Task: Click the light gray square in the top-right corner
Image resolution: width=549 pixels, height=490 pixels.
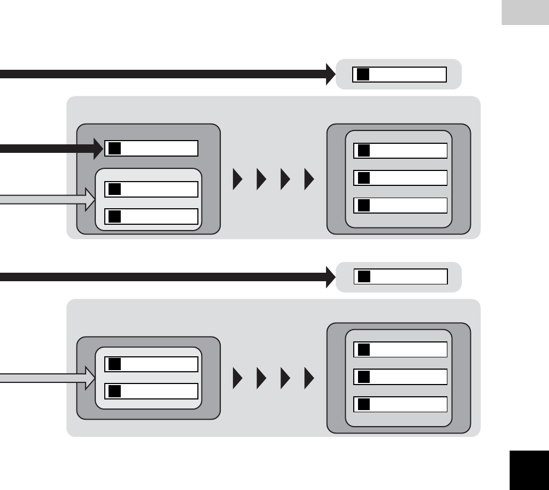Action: click(x=525, y=12)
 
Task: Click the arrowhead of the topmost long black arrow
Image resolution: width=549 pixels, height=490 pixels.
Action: click(x=329, y=75)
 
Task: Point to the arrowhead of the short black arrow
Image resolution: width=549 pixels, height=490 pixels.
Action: click(x=98, y=149)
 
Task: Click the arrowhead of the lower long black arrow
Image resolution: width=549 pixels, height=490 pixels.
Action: click(x=329, y=277)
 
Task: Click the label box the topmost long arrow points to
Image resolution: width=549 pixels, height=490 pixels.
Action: click(x=399, y=75)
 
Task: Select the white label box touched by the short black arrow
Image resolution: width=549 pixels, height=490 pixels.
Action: click(x=152, y=149)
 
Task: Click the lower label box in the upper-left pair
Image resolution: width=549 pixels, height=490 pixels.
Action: click(x=152, y=216)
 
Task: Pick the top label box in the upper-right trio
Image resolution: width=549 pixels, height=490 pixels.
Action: click(x=401, y=151)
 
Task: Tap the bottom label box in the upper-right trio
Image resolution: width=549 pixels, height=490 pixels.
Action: click(x=401, y=206)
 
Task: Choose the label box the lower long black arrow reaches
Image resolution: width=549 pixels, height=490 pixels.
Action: click(x=401, y=276)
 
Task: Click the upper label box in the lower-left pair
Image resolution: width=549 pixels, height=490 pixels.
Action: click(x=152, y=364)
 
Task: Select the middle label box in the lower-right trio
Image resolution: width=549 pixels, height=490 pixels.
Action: click(x=401, y=377)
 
